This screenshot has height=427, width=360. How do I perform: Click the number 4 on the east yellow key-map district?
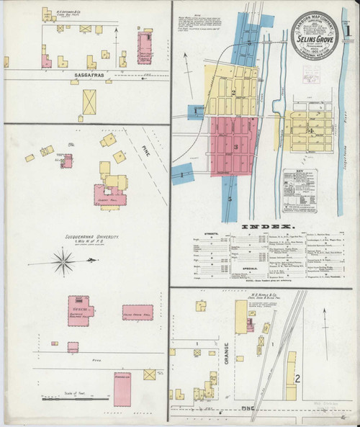pyautogui.click(x=310, y=131)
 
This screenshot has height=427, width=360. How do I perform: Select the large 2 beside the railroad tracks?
pyautogui.click(x=297, y=377)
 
